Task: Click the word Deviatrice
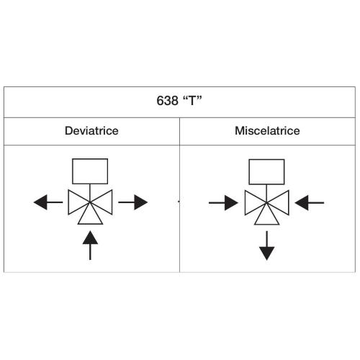(x=91, y=131)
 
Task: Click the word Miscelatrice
(x=267, y=131)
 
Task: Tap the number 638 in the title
(x=167, y=101)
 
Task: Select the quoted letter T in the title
(x=192, y=100)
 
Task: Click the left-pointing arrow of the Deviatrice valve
(x=48, y=202)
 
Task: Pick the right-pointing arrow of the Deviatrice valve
(x=132, y=202)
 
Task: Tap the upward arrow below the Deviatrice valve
(x=90, y=246)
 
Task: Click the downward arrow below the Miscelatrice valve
(x=266, y=246)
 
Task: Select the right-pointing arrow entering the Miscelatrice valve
(x=223, y=203)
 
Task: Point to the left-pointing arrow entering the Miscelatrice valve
(x=310, y=203)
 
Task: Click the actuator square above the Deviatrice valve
(x=90, y=158)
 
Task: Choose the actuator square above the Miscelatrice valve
(x=266, y=159)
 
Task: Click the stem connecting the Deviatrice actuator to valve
(x=90, y=193)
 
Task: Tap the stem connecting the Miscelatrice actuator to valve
(x=266, y=194)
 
